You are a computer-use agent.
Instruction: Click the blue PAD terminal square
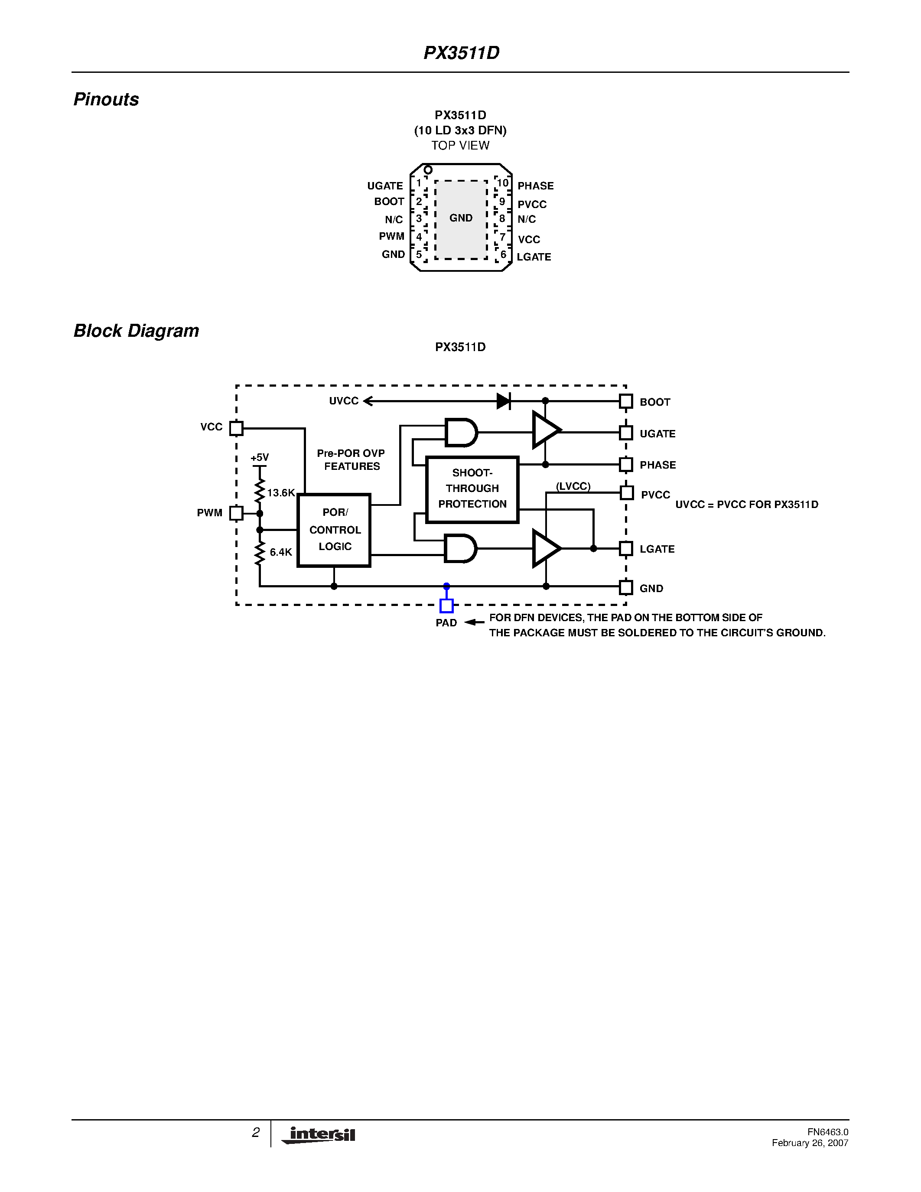(446, 606)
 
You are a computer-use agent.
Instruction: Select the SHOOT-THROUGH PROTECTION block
(472, 489)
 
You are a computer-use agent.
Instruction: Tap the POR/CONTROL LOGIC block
(334, 530)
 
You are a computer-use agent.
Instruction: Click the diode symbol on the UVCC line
(504, 401)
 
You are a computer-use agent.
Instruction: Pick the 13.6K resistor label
(281, 493)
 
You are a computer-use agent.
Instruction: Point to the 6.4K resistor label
(281, 552)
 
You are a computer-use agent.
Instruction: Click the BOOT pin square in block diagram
(626, 402)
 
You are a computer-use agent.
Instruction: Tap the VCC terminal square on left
(236, 428)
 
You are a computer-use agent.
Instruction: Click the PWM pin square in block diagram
(236, 513)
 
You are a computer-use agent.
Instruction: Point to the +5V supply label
(260, 457)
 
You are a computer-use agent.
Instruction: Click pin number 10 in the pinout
(502, 183)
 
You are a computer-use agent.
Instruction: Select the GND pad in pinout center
(461, 218)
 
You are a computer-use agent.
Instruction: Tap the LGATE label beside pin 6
(534, 257)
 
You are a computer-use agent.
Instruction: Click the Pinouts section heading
(106, 99)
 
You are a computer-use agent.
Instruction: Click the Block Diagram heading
(137, 331)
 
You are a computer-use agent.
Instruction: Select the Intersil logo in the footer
(319, 1135)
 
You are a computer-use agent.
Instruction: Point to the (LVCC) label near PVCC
(573, 486)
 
